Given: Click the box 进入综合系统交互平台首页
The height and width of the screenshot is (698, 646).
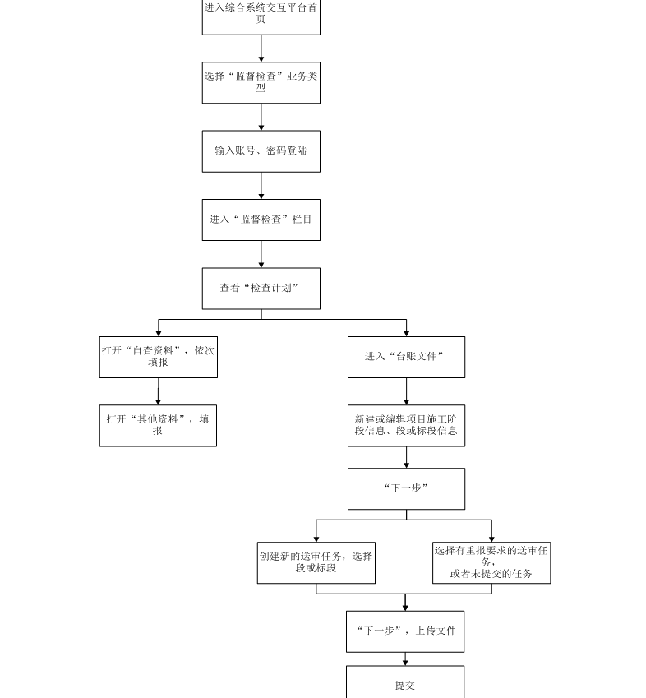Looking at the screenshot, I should (261, 16).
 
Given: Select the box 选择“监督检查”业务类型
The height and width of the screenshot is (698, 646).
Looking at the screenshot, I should (261, 82).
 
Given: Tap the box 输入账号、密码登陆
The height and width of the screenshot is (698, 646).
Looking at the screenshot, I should (261, 151).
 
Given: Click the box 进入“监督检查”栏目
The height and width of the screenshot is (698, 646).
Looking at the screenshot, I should (261, 220).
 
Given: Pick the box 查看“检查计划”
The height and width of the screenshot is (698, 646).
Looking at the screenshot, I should (261, 288).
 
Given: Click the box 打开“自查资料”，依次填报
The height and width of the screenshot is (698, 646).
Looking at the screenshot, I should (159, 357).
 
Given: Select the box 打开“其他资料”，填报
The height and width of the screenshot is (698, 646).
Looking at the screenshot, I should (158, 425).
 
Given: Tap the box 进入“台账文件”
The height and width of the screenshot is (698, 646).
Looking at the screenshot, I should (406, 357).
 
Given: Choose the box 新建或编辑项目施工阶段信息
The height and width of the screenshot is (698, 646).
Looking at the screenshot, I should (406, 425).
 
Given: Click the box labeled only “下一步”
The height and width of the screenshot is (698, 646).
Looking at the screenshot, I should (406, 488).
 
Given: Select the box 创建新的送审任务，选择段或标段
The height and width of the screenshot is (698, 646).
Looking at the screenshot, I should (316, 562).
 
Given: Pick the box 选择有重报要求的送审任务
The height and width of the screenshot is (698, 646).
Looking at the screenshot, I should (491, 562).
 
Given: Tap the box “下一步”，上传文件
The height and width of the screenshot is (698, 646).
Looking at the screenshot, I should (405, 631).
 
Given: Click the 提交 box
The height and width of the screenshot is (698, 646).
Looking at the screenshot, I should (405, 682).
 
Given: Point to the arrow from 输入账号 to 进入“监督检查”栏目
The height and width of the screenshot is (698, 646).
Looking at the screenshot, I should (261, 185).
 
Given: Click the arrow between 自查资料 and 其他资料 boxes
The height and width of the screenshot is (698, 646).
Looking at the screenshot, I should (159, 391).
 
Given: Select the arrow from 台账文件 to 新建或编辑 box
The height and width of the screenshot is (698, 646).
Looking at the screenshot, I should (406, 391).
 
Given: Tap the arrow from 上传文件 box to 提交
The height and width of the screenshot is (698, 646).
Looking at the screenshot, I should (405, 659).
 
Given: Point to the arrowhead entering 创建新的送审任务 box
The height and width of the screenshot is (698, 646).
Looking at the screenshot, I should (316, 538).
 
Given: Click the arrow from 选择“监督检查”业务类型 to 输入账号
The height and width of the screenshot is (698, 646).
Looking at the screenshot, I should (261, 117).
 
